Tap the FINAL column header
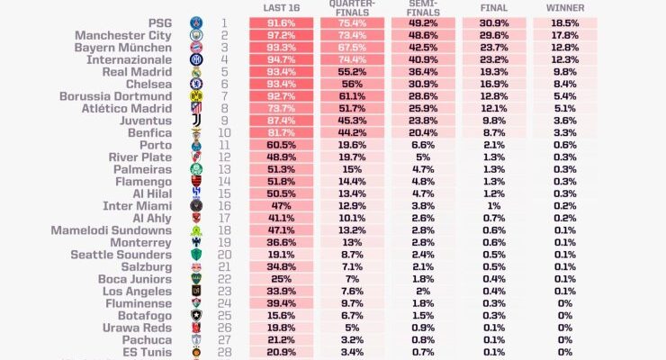493,7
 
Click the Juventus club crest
196,120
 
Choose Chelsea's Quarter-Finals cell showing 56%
352,84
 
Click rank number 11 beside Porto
224,145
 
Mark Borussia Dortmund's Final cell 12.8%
493,95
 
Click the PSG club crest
196,22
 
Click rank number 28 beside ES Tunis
224,352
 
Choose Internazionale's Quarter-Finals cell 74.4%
352,58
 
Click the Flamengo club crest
196,181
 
